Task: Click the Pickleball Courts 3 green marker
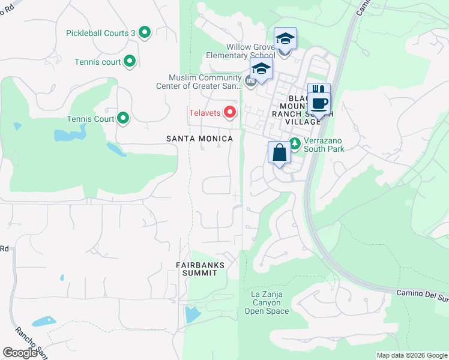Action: coord(144,32)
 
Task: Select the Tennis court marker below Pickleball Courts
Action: coord(130,61)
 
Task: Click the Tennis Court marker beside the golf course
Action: coord(123,118)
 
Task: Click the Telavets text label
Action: coord(205,112)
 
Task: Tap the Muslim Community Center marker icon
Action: coord(251,80)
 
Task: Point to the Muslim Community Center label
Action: coord(205,82)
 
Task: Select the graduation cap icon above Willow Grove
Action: coord(286,40)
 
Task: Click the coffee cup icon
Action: coord(320,103)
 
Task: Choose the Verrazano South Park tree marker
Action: coord(295,143)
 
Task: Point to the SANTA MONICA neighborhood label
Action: coord(199,139)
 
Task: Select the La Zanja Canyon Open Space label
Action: coord(267,302)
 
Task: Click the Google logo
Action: coord(20,353)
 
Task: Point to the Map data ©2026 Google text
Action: coord(411,355)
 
